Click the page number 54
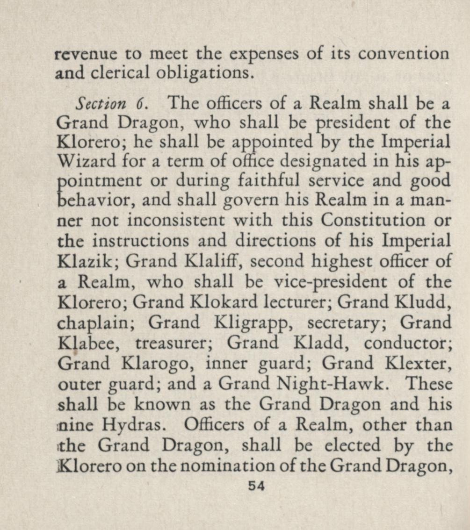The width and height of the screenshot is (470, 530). point(257,486)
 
